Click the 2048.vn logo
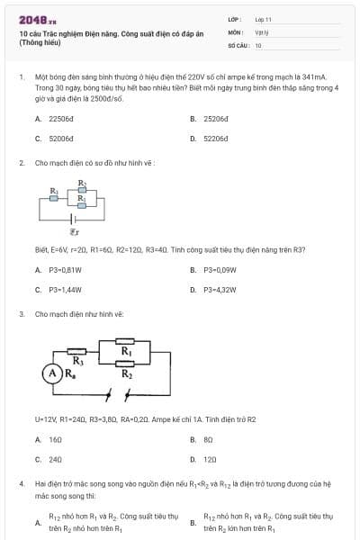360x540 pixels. pyautogui.click(x=38, y=19)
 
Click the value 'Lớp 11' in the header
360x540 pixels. pyautogui.click(x=263, y=19)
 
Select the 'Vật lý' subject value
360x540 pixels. pyautogui.click(x=261, y=31)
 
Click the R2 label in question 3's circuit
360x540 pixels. pyautogui.click(x=127, y=374)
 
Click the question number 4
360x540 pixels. pyautogui.click(x=21, y=483)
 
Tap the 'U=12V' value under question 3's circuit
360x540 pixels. pyautogui.click(x=46, y=419)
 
